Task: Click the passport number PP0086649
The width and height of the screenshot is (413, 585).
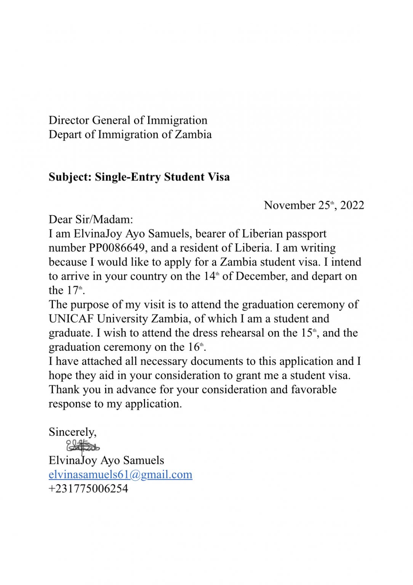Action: coord(117,248)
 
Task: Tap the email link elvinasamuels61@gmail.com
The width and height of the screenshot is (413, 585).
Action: coord(120,475)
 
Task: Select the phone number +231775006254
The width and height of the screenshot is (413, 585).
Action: coord(88,489)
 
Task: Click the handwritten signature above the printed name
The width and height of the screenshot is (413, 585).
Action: coord(83,446)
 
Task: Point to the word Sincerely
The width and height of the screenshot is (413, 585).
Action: coord(72,432)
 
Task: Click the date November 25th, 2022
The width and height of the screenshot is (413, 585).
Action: coord(314,205)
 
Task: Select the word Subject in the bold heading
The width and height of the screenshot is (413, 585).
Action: coord(69,177)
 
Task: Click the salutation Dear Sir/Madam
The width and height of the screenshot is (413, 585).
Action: coord(91,219)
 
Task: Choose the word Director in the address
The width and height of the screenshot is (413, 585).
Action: coord(69,120)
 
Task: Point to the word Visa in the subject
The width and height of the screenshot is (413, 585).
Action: coord(219,177)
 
